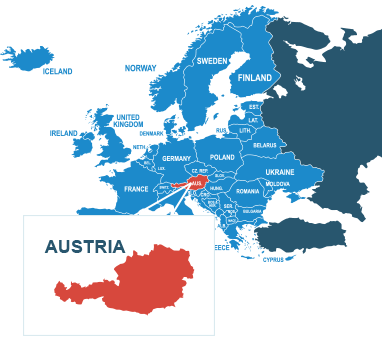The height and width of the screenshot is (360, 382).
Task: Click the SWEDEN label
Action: [x=212, y=61]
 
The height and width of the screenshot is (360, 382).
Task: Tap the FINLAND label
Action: [x=255, y=78]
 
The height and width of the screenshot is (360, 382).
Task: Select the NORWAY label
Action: [x=141, y=68]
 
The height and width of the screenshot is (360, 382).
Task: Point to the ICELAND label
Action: [x=58, y=72]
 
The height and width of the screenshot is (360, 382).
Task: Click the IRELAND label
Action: [x=63, y=133]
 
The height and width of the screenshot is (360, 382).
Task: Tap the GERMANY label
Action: [x=176, y=159]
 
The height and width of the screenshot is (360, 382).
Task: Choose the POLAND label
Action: [x=222, y=158]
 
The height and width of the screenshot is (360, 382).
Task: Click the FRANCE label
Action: [x=136, y=189]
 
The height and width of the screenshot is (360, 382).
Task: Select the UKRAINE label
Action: [x=280, y=172]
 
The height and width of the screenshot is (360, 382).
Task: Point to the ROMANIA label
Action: [x=247, y=191]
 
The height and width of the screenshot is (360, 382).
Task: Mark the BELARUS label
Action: [x=264, y=146]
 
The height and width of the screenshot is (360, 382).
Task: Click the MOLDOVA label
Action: [x=277, y=184]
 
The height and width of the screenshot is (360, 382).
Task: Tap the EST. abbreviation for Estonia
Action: [x=254, y=107]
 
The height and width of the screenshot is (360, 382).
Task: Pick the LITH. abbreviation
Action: [x=245, y=131]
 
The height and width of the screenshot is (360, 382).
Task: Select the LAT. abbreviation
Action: [x=253, y=120]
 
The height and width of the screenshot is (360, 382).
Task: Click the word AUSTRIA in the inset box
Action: [x=85, y=246]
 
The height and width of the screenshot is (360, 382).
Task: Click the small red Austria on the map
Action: [x=194, y=184]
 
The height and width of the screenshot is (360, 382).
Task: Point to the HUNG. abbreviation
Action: [x=216, y=188]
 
